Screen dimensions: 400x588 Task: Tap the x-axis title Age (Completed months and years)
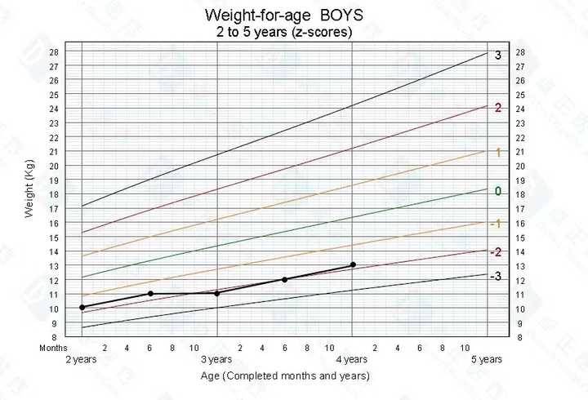(x=285, y=376)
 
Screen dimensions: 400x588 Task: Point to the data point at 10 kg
(x=82, y=308)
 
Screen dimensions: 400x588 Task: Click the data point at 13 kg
(x=352, y=264)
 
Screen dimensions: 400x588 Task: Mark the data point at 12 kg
(x=284, y=279)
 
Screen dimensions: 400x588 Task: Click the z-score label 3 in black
(x=498, y=56)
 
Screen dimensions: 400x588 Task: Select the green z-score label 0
(x=497, y=192)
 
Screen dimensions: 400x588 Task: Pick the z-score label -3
(x=495, y=277)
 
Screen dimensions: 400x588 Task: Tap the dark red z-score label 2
(x=497, y=108)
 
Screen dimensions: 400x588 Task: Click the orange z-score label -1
(x=495, y=224)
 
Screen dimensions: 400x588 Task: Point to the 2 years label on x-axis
(x=82, y=359)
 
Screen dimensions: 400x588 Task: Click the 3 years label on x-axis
(x=216, y=359)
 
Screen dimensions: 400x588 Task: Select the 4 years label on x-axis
(x=352, y=359)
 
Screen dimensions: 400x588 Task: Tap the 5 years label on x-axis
(x=487, y=359)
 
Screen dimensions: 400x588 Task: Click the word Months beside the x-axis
(x=54, y=348)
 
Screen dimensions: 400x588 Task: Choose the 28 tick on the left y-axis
(x=54, y=52)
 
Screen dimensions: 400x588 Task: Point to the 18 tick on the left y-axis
(x=54, y=194)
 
